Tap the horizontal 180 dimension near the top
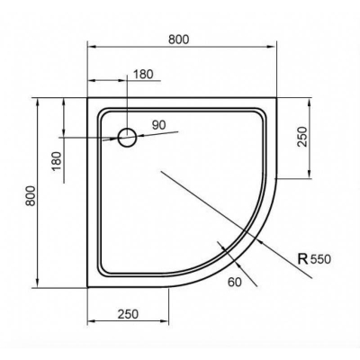coord(142,74)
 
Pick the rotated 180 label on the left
coord(57,163)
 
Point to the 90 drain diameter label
coord(160,126)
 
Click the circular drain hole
coord(128,138)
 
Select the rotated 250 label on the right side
coord(302,138)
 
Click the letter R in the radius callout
coord(301,259)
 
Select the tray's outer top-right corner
coord(283,97)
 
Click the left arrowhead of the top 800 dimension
coord(90,48)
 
